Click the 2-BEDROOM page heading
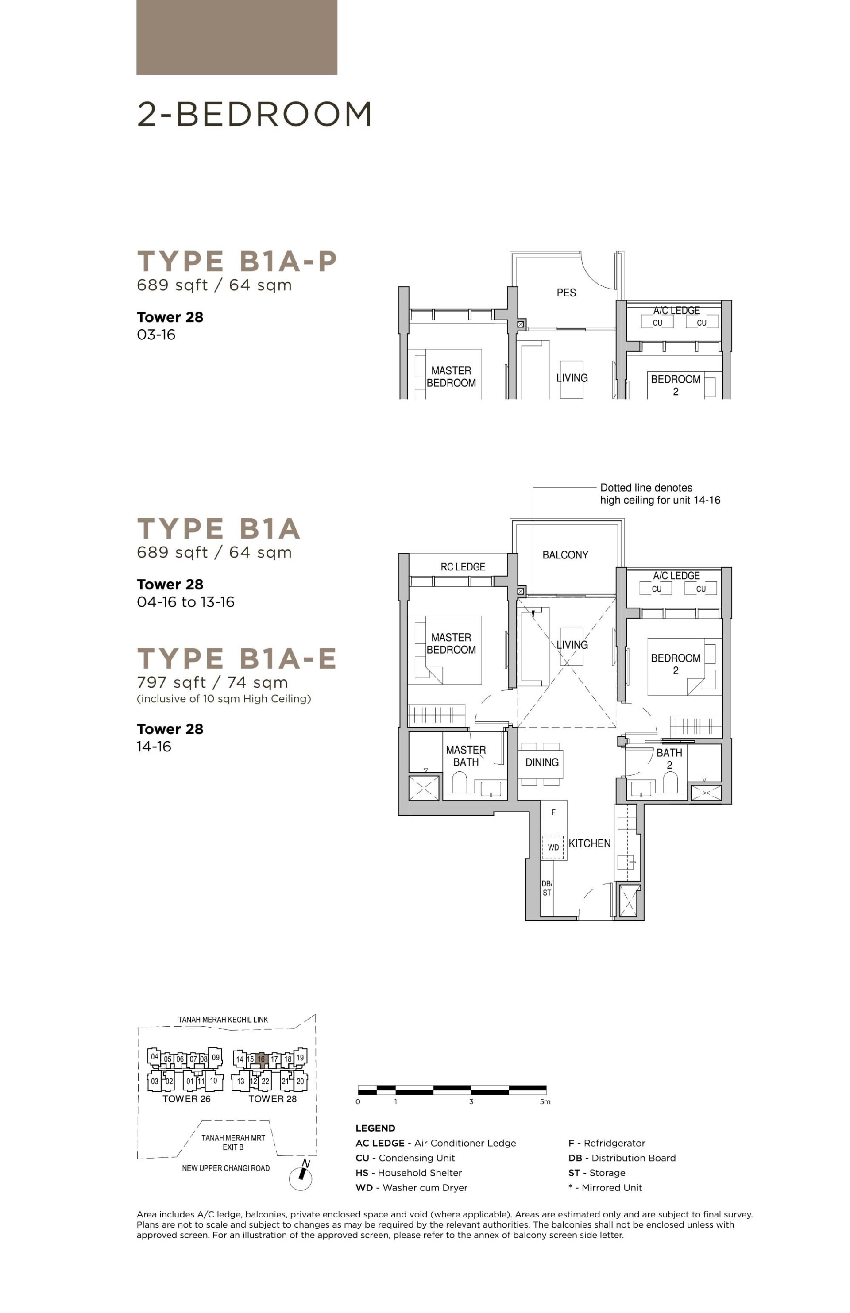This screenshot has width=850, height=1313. coord(254,114)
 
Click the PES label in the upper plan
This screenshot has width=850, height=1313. coord(566,293)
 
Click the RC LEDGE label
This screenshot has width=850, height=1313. coord(463,567)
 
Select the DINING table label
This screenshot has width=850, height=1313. coord(541,762)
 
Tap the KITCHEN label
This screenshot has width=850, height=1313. coord(589,843)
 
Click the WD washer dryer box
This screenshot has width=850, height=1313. coord(553,847)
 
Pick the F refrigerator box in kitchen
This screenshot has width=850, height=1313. coord(553,812)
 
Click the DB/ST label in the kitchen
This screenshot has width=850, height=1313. coord(546,888)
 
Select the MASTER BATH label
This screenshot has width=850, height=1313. coord(466,756)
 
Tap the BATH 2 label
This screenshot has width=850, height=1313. coord(669,759)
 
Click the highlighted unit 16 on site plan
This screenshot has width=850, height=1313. coord(261,1059)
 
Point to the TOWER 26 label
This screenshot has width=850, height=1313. coord(186,1099)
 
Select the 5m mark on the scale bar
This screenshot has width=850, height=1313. coord(545,1102)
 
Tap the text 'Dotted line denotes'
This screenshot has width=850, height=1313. coord(646,488)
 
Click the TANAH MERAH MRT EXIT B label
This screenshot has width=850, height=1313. coord(233,1143)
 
